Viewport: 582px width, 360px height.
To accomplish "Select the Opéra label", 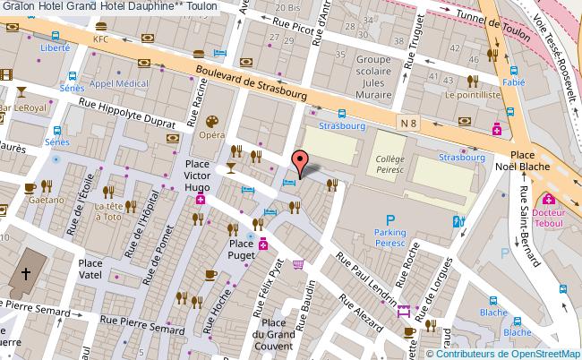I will coord(211,135).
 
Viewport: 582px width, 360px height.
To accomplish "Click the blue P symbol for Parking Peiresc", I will coord(389,220).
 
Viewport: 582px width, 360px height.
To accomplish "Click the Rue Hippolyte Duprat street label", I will coord(128,116).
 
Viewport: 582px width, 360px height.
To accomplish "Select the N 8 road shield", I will coord(408,119).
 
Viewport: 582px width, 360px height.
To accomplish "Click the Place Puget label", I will coord(241,243).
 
